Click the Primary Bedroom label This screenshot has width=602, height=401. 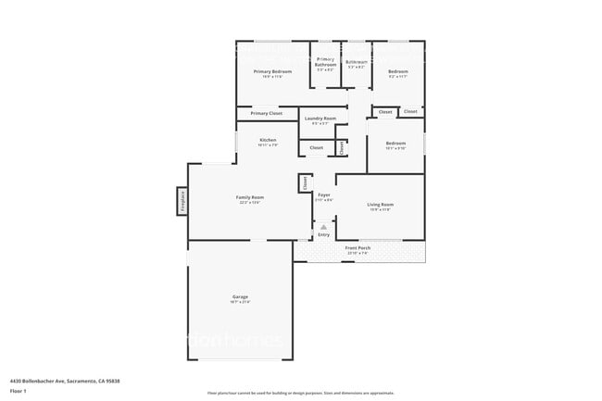(273, 71)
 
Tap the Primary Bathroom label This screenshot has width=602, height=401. (326, 64)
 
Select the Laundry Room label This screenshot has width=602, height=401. (317, 119)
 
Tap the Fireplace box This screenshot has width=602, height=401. (182, 200)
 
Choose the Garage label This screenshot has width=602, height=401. (241, 296)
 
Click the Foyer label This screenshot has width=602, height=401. (324, 195)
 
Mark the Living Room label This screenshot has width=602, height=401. (381, 205)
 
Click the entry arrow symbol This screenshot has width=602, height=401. (323, 225)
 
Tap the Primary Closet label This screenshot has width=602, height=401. (266, 113)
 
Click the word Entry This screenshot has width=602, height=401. (323, 235)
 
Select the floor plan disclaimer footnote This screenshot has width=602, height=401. (301, 393)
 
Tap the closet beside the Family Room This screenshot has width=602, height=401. (305, 183)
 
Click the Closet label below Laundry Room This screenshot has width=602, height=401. (316, 147)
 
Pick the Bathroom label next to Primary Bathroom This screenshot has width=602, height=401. (357, 62)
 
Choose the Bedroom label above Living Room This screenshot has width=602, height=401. (395, 144)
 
